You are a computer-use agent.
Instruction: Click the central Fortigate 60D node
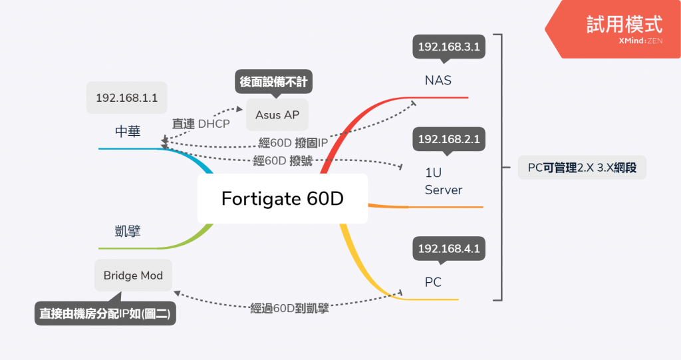(282, 198)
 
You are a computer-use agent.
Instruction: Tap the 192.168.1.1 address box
(126, 98)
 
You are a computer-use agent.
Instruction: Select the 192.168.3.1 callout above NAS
(448, 47)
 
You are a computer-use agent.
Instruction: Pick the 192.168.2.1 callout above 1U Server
(448, 140)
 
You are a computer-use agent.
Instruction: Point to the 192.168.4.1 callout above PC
(448, 249)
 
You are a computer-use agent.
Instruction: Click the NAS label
(438, 81)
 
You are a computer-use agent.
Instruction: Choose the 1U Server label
(443, 181)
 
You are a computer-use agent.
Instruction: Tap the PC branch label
(433, 282)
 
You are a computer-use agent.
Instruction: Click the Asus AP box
(277, 114)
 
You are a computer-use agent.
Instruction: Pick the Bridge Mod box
(133, 275)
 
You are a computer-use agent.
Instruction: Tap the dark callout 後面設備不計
(273, 83)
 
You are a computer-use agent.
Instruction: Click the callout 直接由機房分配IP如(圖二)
(105, 314)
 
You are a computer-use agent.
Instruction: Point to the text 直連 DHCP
(201, 123)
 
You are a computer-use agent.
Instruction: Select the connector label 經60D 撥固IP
(293, 142)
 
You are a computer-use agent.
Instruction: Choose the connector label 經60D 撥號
(283, 160)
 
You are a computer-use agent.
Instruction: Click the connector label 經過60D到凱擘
(289, 308)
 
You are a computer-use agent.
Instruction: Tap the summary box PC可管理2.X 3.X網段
(582, 168)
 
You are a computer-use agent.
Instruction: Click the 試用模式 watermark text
(624, 25)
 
